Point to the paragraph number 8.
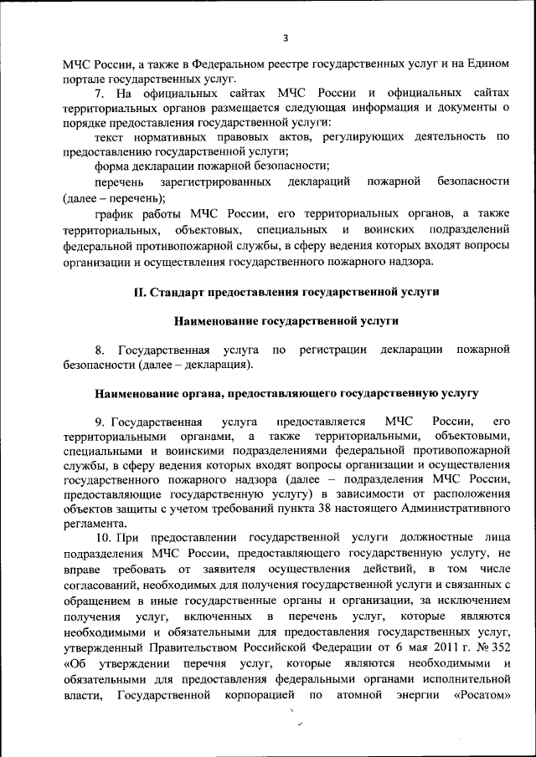coord(99,349)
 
